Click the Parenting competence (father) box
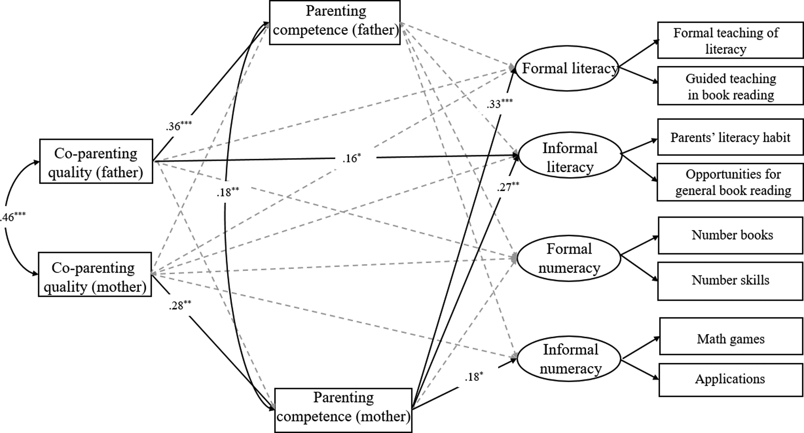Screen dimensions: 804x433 pyautogui.click(x=335, y=22)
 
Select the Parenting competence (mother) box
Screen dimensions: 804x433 pyautogui.click(x=343, y=410)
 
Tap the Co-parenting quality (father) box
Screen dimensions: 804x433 pyautogui.click(x=96, y=161)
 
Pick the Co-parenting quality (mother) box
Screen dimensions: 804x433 pyautogui.click(x=95, y=274)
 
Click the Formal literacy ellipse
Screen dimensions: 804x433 pyautogui.click(x=567, y=68)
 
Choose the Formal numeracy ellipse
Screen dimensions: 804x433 pyautogui.click(x=569, y=258)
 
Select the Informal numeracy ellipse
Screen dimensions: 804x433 pyautogui.click(x=570, y=359)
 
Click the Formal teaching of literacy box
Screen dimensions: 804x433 pyautogui.click(x=730, y=40)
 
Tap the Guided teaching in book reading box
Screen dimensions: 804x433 pyautogui.click(x=730, y=86)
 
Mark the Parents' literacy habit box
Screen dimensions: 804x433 pyautogui.click(x=730, y=137)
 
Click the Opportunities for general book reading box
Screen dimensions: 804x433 pyautogui.click(x=730, y=182)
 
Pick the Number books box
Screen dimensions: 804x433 pyautogui.click(x=730, y=235)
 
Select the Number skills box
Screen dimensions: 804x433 pyautogui.click(x=730, y=281)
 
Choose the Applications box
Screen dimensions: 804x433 pyautogui.click(x=731, y=380)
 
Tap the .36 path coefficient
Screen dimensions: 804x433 pyautogui.click(x=179, y=126)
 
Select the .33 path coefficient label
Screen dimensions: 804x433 pyautogui.click(x=499, y=103)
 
